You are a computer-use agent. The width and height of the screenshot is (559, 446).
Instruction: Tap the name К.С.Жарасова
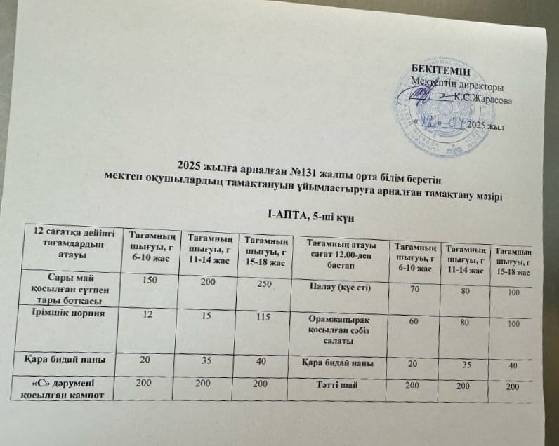[482, 100]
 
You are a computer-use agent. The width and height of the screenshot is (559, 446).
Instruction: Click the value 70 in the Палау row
[416, 289]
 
